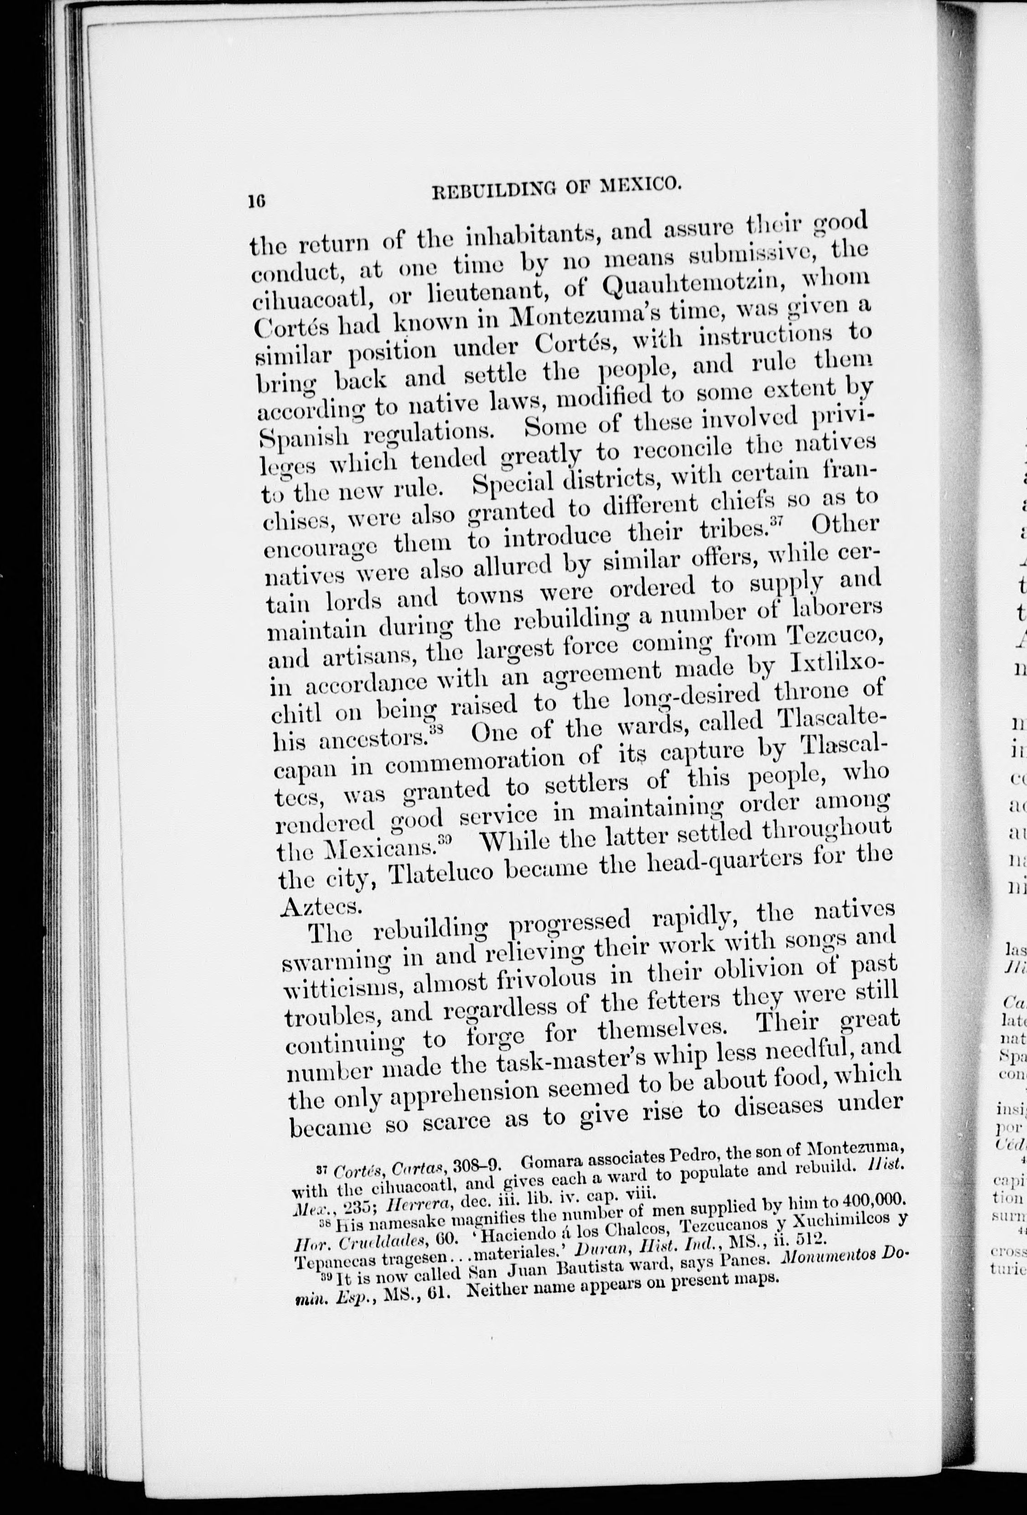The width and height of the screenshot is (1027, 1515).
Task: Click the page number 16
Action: (255, 202)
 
